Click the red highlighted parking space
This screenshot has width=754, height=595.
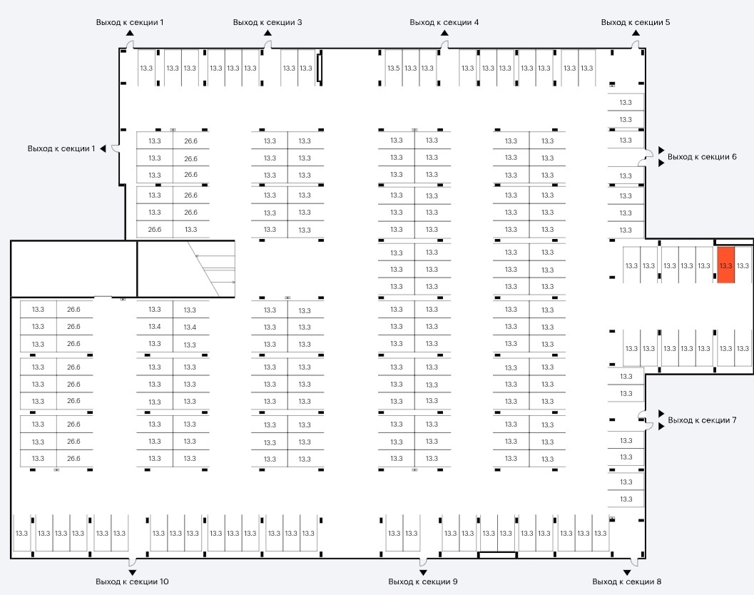pyautogui.click(x=725, y=265)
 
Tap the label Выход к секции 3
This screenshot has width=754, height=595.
pyautogui.click(x=268, y=22)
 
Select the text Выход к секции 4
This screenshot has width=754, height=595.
pyautogui.click(x=444, y=22)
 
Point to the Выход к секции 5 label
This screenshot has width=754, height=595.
pyautogui.click(x=636, y=22)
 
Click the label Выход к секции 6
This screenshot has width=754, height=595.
pyautogui.click(x=702, y=156)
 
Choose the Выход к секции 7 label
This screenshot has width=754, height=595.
pyautogui.click(x=702, y=420)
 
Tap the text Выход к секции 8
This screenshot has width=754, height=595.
pyautogui.click(x=627, y=581)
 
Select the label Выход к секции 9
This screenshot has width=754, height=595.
pyautogui.click(x=423, y=581)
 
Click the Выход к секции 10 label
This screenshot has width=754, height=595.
pyautogui.click(x=132, y=581)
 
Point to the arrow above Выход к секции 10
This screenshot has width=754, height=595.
pyautogui.click(x=132, y=572)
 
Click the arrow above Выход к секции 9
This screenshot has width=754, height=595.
pyautogui.click(x=423, y=572)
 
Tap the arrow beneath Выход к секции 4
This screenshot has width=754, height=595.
pyautogui.click(x=444, y=32)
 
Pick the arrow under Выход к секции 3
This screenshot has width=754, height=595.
pyautogui.click(x=268, y=32)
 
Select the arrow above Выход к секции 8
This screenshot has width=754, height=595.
pyautogui.click(x=627, y=572)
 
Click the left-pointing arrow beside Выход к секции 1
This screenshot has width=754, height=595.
pyautogui.click(x=103, y=148)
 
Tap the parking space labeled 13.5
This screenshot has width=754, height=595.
pyautogui.click(x=393, y=68)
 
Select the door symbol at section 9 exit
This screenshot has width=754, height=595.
pyautogui.click(x=423, y=559)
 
